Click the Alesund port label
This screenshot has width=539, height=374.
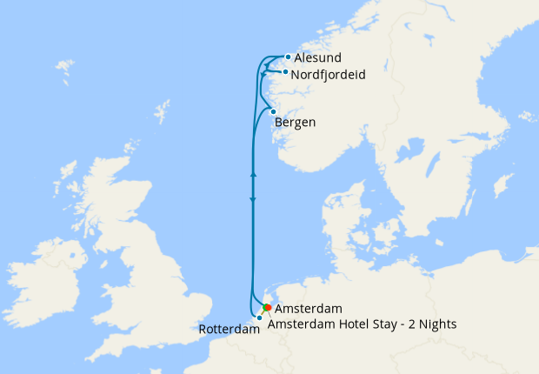318,57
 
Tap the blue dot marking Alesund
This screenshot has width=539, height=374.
288,57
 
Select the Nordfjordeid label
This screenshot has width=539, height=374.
328,75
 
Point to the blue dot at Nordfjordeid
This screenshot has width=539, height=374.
285,72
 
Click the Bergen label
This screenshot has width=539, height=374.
295,123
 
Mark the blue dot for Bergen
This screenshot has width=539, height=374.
273,111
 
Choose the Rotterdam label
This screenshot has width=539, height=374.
230,330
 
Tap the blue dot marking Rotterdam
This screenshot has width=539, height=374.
259,318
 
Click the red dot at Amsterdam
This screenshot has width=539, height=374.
268,308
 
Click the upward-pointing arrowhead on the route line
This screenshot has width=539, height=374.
253,175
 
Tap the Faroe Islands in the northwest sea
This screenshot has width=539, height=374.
64,67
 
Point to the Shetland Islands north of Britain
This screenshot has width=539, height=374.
162,111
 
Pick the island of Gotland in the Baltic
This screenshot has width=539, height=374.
502,185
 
